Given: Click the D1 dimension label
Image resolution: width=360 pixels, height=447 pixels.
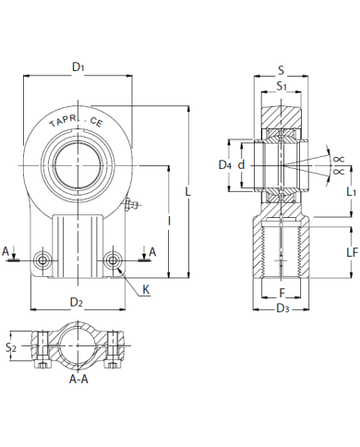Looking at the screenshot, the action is [x=78, y=66].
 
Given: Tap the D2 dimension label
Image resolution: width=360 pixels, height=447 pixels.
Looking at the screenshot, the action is [x=77, y=303].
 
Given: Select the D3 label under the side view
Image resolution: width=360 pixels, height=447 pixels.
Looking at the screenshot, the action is [x=282, y=308].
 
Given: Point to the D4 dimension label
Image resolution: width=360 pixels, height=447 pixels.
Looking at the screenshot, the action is [x=224, y=165].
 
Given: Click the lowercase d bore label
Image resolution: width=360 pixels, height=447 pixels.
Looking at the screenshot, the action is [x=242, y=165].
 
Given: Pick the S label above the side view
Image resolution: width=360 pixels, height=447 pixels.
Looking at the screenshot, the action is [x=281, y=70].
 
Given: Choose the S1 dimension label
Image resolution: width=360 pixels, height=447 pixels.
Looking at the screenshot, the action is [x=282, y=86].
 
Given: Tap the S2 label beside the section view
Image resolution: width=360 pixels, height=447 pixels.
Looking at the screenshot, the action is [x=11, y=347].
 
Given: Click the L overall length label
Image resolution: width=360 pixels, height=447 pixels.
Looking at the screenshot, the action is [x=187, y=192].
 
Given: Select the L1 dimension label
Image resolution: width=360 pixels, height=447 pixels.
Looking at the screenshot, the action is [x=351, y=192].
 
